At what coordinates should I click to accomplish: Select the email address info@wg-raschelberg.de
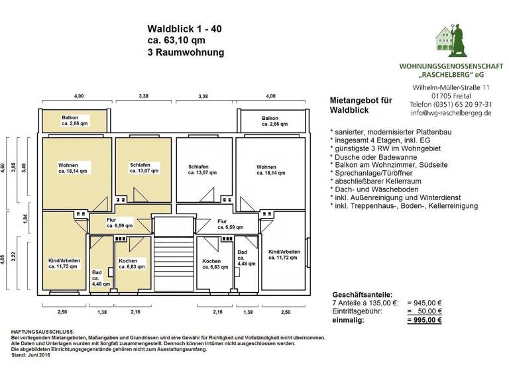click(451, 113)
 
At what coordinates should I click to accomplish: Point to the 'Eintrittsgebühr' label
click(359, 311)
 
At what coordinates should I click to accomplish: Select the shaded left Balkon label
click(74, 121)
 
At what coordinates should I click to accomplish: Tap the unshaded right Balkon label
click(274, 121)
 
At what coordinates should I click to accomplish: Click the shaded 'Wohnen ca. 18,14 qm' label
click(71, 168)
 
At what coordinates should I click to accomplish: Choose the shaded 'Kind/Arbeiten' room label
click(64, 264)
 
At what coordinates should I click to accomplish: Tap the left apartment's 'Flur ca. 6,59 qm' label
click(111, 224)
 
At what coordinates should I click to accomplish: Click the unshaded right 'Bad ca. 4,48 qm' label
click(243, 257)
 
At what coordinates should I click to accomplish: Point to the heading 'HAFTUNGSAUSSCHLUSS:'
click(43, 331)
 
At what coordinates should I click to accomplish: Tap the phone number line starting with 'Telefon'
click(451, 104)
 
